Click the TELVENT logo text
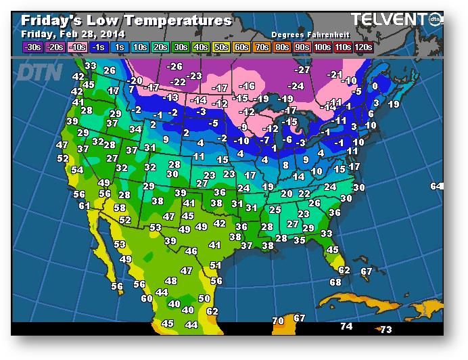click(388, 20)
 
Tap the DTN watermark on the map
click(39, 72)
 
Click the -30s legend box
click(32, 47)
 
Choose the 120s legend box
click(364, 47)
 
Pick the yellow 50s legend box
click(220, 47)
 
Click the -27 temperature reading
click(302, 70)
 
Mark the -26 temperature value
click(174, 66)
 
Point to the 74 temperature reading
click(346, 326)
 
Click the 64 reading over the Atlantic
click(436, 186)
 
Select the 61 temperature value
click(85, 206)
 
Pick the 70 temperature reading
click(278, 320)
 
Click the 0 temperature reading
click(375, 86)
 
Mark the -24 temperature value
click(296, 86)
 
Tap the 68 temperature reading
click(335, 282)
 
